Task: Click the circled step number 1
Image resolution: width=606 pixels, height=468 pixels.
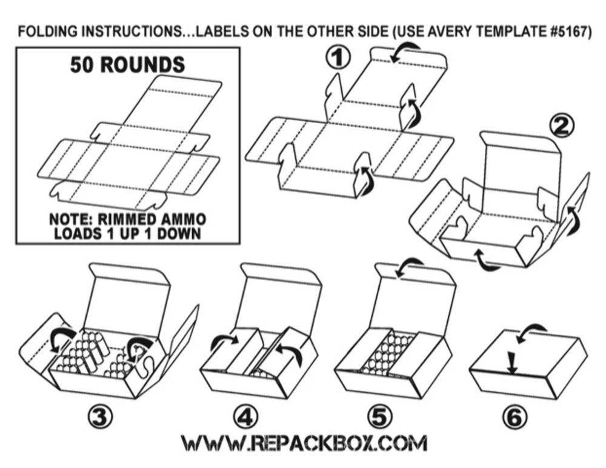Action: [x=338, y=59]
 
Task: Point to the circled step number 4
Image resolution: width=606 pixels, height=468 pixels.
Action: [x=246, y=417]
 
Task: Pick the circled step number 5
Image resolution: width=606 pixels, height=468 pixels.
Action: [x=380, y=417]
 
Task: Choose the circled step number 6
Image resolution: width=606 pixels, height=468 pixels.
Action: [x=514, y=417]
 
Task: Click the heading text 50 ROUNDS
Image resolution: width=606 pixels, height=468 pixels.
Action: [x=127, y=65]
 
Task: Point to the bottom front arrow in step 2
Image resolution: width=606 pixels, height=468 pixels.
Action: [x=487, y=258]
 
